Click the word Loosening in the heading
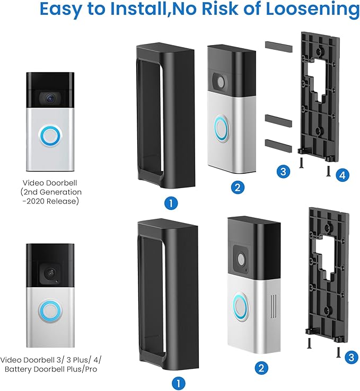tap(313, 9)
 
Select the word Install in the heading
tap(139, 8)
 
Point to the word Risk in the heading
tap(219, 8)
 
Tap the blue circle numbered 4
tap(343, 175)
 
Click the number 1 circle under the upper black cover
tap(171, 203)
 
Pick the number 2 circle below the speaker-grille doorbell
tap(261, 368)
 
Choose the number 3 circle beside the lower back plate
tap(352, 357)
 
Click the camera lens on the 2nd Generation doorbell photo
tap(50, 97)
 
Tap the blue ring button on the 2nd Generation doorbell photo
tap(50, 136)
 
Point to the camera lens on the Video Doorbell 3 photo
tap(50, 273)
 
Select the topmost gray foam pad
tap(278, 47)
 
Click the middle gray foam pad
tap(278, 121)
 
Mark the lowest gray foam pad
tap(278, 146)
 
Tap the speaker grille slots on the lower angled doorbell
tap(274, 306)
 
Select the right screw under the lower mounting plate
tap(338, 352)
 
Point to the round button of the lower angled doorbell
tap(241, 307)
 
